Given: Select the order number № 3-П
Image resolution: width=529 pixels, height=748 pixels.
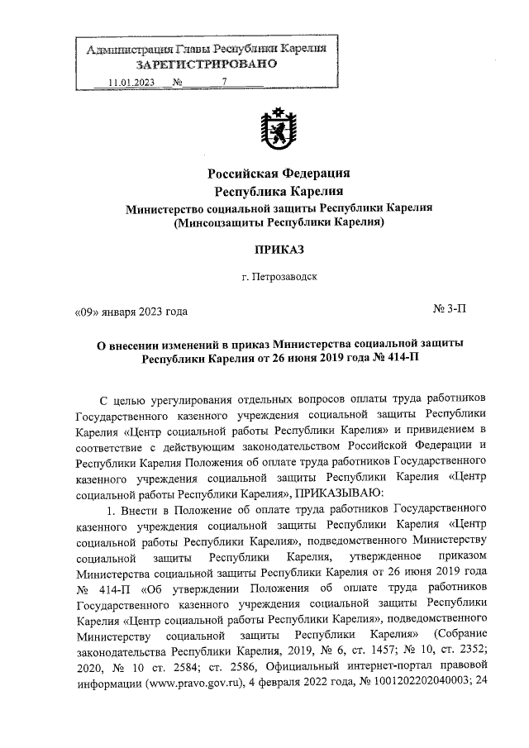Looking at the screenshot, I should (x=450, y=311).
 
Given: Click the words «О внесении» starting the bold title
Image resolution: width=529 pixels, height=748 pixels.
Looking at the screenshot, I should (x=128, y=343).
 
